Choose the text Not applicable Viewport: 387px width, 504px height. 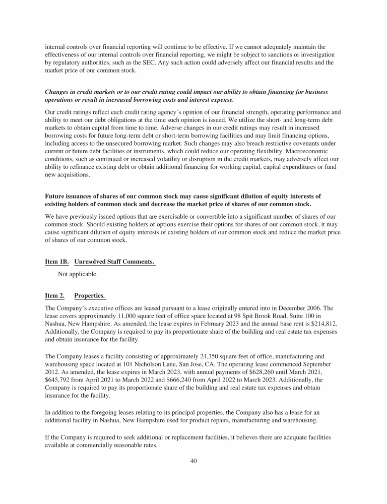click(x=78, y=274)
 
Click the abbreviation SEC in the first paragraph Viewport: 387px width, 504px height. click(x=152, y=62)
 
